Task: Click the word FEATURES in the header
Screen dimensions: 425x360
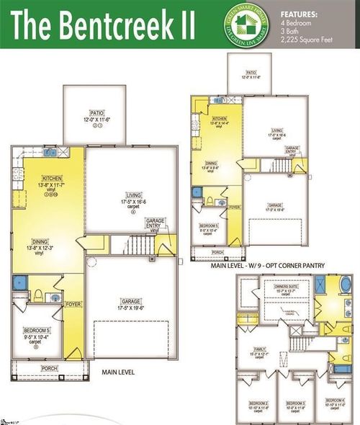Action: click(299, 13)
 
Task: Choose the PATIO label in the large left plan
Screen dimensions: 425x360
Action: click(97, 112)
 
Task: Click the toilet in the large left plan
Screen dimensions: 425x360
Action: click(36, 295)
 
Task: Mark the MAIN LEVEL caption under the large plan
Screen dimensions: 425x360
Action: click(120, 372)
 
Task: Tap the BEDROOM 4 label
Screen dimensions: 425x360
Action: click(334, 399)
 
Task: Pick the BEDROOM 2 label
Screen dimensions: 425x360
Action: click(257, 403)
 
